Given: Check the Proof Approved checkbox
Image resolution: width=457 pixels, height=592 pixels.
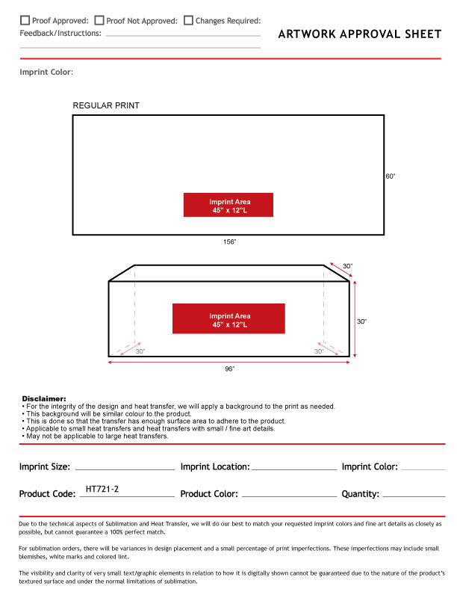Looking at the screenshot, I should pos(25,21).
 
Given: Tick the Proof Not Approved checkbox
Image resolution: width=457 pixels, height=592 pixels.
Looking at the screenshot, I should pos(99,21).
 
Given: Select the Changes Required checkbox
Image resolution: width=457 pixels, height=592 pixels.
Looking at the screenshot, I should pos(188,21).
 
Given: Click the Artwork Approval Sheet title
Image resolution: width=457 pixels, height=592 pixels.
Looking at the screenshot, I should pos(359,34).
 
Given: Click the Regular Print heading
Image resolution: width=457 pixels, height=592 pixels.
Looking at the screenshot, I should pos(106,105).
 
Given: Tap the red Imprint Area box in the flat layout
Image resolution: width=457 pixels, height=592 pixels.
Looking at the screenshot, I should pos(228,205).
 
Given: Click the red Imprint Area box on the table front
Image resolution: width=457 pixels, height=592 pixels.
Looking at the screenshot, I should pos(228,318).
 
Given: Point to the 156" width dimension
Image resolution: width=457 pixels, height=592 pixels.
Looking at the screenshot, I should pos(229,242).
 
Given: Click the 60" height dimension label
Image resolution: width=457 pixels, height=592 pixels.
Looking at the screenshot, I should pos(390,176).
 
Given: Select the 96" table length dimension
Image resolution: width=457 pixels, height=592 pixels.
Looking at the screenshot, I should pos(229,369).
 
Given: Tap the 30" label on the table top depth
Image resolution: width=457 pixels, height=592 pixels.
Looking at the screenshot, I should pos(347,266).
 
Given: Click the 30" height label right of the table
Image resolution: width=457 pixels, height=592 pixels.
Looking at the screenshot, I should pos(361,321).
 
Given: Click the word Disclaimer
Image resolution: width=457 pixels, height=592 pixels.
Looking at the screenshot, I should pos(44,399).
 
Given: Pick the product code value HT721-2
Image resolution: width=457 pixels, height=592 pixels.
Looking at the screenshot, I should pos(102,490).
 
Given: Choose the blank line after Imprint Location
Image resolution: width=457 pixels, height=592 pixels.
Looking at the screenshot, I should pos(293,469).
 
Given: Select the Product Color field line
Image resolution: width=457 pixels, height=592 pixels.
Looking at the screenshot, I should pos(289,496).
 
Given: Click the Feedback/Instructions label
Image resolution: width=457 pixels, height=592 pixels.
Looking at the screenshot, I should pos(60,34).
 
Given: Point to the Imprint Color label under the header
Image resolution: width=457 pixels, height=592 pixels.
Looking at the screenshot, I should pos(46,73).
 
